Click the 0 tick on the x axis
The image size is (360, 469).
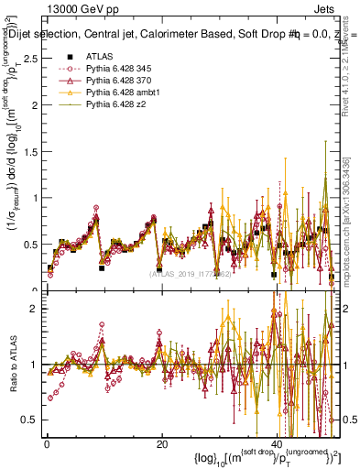(x=46, y=444)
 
